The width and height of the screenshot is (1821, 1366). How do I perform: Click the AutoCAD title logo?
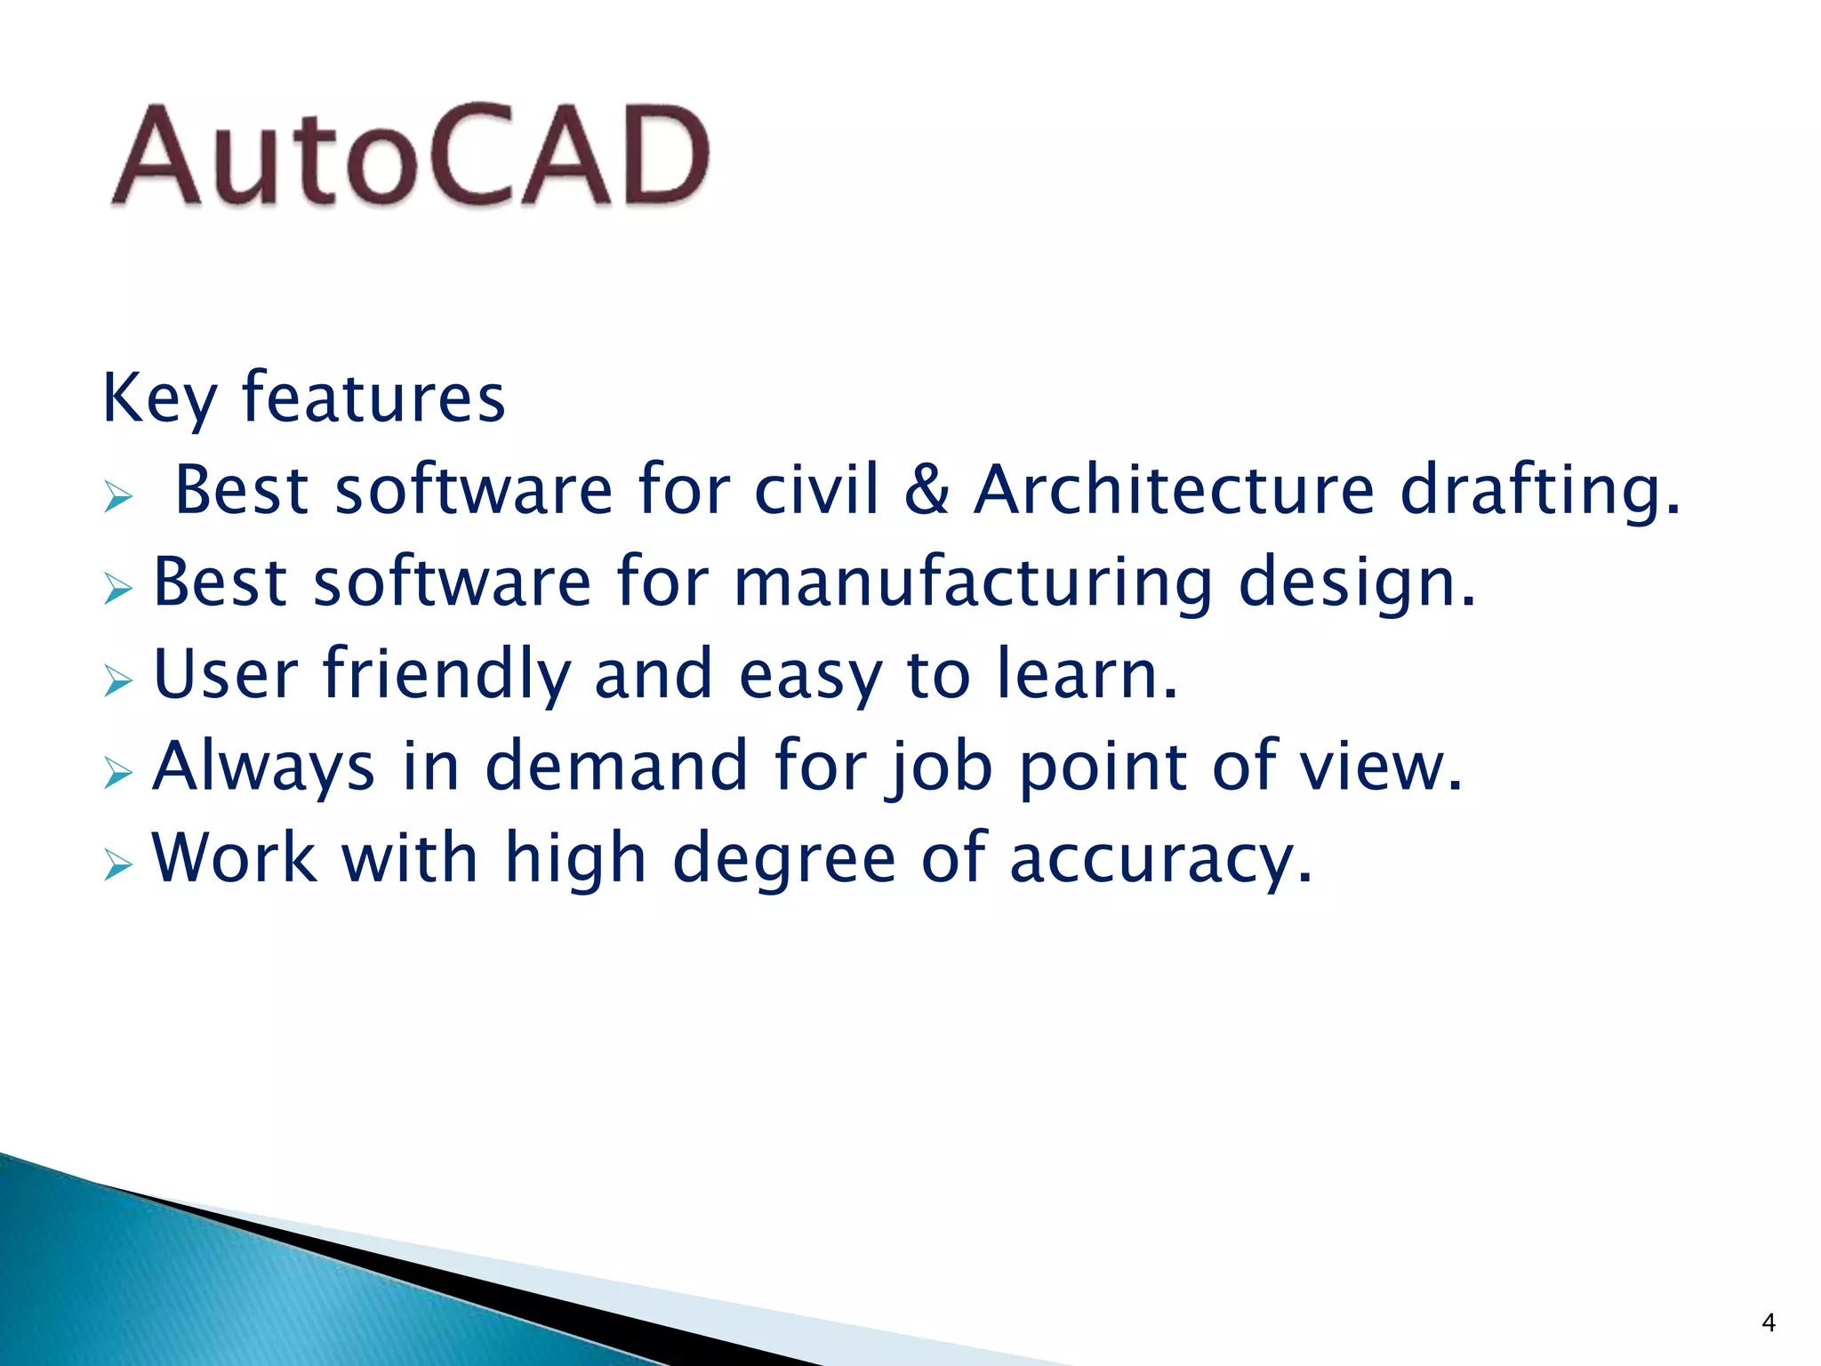[x=410, y=157]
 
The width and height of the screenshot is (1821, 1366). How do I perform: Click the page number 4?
[x=1768, y=1323]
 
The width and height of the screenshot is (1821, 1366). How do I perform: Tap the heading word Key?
[x=159, y=399]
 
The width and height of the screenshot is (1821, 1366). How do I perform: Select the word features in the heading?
[x=373, y=398]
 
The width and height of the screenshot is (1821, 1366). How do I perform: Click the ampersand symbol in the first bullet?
[x=927, y=490]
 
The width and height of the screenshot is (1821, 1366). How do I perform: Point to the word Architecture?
[x=1175, y=490]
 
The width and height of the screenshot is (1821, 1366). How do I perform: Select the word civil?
[x=817, y=490]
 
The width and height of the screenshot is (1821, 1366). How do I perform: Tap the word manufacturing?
[x=974, y=583]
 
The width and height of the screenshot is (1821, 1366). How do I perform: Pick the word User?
[x=226, y=674]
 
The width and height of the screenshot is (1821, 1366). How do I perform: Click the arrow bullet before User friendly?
[x=117, y=681]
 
